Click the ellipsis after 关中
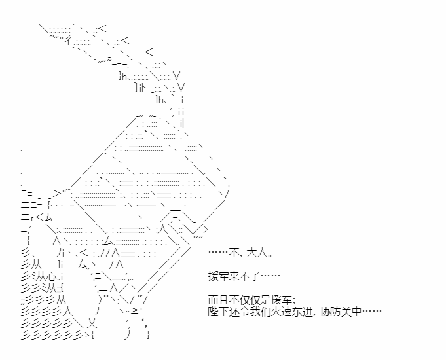(x=372, y=310)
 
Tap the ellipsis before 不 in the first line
(x=219, y=252)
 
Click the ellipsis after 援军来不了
(x=270, y=276)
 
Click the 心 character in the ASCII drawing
(x=51, y=276)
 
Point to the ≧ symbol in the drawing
(x=134, y=312)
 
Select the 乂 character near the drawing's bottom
(x=93, y=323)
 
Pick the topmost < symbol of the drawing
(x=103, y=28)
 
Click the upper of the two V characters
(x=176, y=76)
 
